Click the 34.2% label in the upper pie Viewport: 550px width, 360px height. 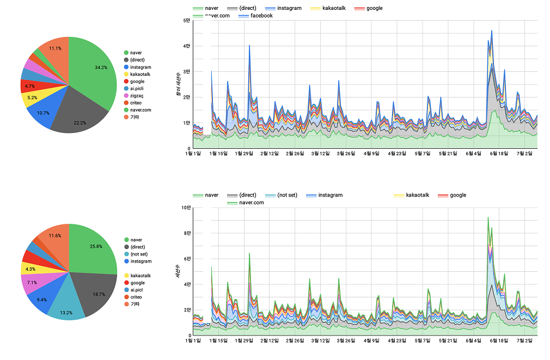pyautogui.click(x=101, y=68)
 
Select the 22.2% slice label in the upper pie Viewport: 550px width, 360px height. pyautogui.click(x=80, y=123)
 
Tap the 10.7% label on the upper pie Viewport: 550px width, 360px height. pyautogui.click(x=42, y=113)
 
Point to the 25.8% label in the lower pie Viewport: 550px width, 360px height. pyautogui.click(x=96, y=246)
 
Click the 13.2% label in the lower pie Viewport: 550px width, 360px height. pyautogui.click(x=66, y=313)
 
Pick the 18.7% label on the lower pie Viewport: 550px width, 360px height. pyautogui.click(x=99, y=294)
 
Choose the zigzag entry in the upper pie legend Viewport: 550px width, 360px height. pyautogui.click(x=137, y=95)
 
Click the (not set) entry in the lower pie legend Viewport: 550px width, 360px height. pyautogui.click(x=140, y=254)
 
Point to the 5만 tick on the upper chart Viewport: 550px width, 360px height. pyautogui.click(x=186, y=21)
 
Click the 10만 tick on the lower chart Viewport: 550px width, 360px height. pyautogui.click(x=185, y=208)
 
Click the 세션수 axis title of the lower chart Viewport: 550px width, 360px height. pyautogui.click(x=179, y=272)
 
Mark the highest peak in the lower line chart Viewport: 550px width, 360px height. pyautogui.click(x=488, y=217)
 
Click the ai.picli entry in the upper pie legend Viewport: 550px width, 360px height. pyautogui.click(x=137, y=88)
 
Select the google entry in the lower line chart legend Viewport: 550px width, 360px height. pyautogui.click(x=458, y=195)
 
